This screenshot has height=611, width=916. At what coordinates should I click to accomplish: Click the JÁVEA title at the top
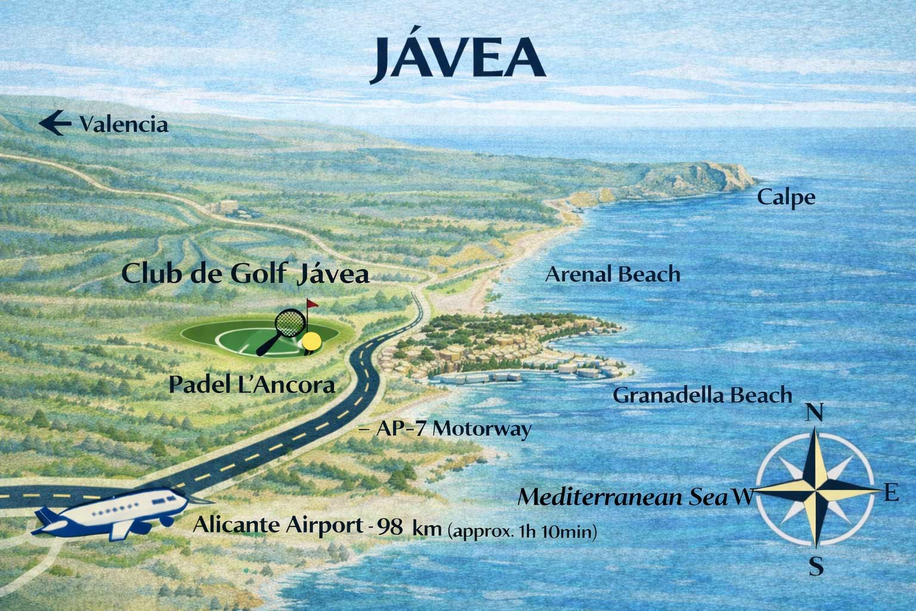pos(457,58)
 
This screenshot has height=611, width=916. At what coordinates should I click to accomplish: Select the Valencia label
pos(124,125)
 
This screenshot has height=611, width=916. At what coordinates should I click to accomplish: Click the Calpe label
pos(786,198)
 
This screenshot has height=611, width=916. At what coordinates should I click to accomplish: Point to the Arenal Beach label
pos(612,274)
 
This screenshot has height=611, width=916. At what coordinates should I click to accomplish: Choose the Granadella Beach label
pos(702,395)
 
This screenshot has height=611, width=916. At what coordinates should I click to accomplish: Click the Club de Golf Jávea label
pos(245,274)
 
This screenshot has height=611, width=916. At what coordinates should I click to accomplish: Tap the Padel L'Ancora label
pos(251,385)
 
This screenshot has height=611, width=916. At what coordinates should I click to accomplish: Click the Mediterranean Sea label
pos(623,497)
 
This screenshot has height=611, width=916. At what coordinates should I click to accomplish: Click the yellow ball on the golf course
pos(312,341)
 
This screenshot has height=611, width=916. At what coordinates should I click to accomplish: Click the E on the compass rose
pos(891,493)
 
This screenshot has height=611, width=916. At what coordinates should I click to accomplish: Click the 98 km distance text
pos(409,527)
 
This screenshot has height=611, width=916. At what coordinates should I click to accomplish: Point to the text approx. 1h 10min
pos(522,530)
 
